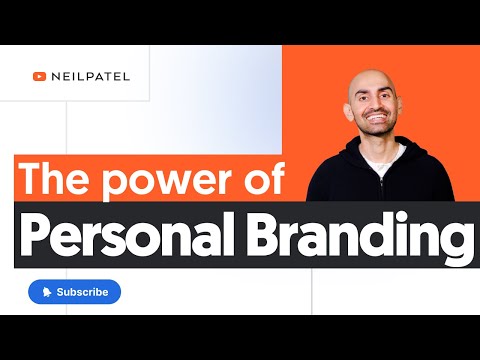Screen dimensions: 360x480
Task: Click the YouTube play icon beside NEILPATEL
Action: tap(40, 74)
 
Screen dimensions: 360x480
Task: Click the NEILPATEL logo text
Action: tap(86, 74)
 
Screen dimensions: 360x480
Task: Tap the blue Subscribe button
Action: tap(74, 292)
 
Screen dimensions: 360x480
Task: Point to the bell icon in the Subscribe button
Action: tap(46, 292)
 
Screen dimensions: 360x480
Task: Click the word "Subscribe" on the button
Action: tap(83, 292)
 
